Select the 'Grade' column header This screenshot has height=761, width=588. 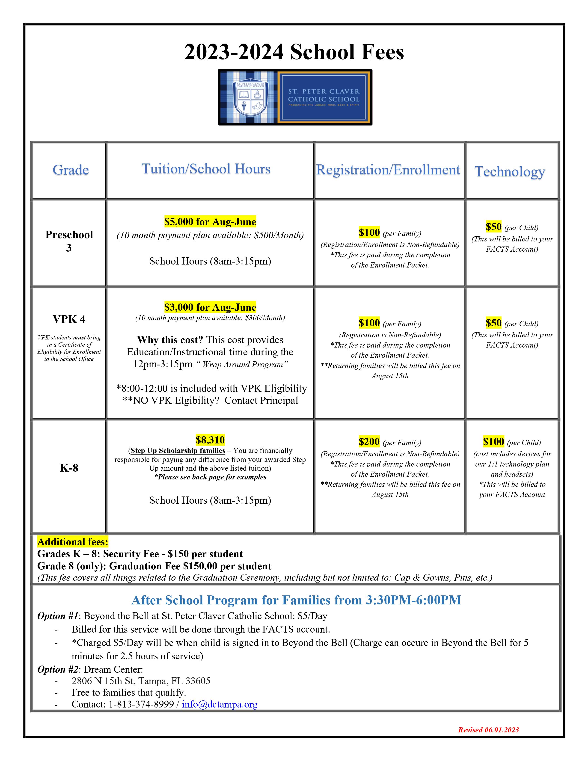[71, 170]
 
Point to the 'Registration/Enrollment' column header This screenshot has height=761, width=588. [388, 170]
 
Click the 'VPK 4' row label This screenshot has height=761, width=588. [69, 319]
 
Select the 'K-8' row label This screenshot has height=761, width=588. [69, 468]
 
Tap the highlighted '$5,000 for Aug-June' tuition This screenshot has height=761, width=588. [210, 222]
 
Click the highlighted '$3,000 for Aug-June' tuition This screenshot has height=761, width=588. [210, 307]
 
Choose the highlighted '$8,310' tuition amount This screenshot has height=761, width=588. [210, 440]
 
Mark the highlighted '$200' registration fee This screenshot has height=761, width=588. [369, 442]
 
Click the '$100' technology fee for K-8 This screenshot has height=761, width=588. [493, 442]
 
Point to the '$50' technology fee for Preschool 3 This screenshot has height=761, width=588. [494, 227]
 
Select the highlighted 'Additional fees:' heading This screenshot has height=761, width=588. [73, 542]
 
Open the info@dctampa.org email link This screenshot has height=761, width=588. [220, 704]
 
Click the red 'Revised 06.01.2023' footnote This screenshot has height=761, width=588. [488, 730]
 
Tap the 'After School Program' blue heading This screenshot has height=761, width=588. [296, 600]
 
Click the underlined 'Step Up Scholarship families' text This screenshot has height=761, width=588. [178, 451]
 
